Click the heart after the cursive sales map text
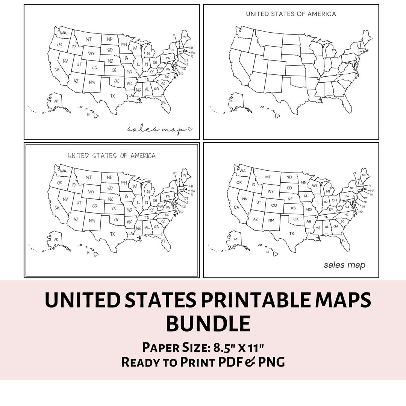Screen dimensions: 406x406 point(190,129)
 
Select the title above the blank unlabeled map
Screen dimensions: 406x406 point(291,14)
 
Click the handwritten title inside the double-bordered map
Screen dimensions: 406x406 point(112,155)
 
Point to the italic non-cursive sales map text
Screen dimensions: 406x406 point(344,265)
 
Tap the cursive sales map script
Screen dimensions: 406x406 point(156,129)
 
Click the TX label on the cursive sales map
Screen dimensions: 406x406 point(112,96)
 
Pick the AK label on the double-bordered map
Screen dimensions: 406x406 point(56,239)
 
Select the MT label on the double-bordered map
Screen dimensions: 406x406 point(89,177)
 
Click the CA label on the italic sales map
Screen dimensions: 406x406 point(237,207)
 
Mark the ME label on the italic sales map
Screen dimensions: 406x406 point(364,175)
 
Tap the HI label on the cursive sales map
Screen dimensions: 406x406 point(88,114)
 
